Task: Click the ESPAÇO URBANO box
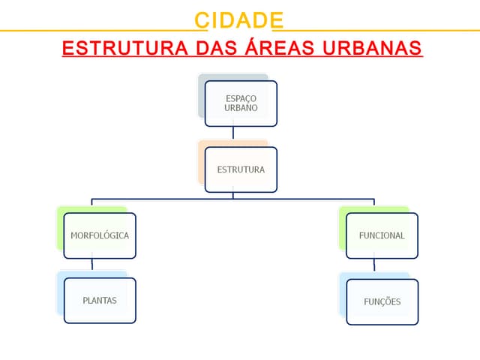point(241,103)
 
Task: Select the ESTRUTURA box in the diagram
point(241,169)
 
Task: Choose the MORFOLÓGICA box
point(100,235)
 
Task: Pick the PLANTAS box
point(100,301)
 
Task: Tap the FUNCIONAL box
point(382,235)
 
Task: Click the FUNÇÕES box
point(382,301)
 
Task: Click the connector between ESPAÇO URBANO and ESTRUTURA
point(233,136)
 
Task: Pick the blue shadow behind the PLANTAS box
point(60,293)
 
